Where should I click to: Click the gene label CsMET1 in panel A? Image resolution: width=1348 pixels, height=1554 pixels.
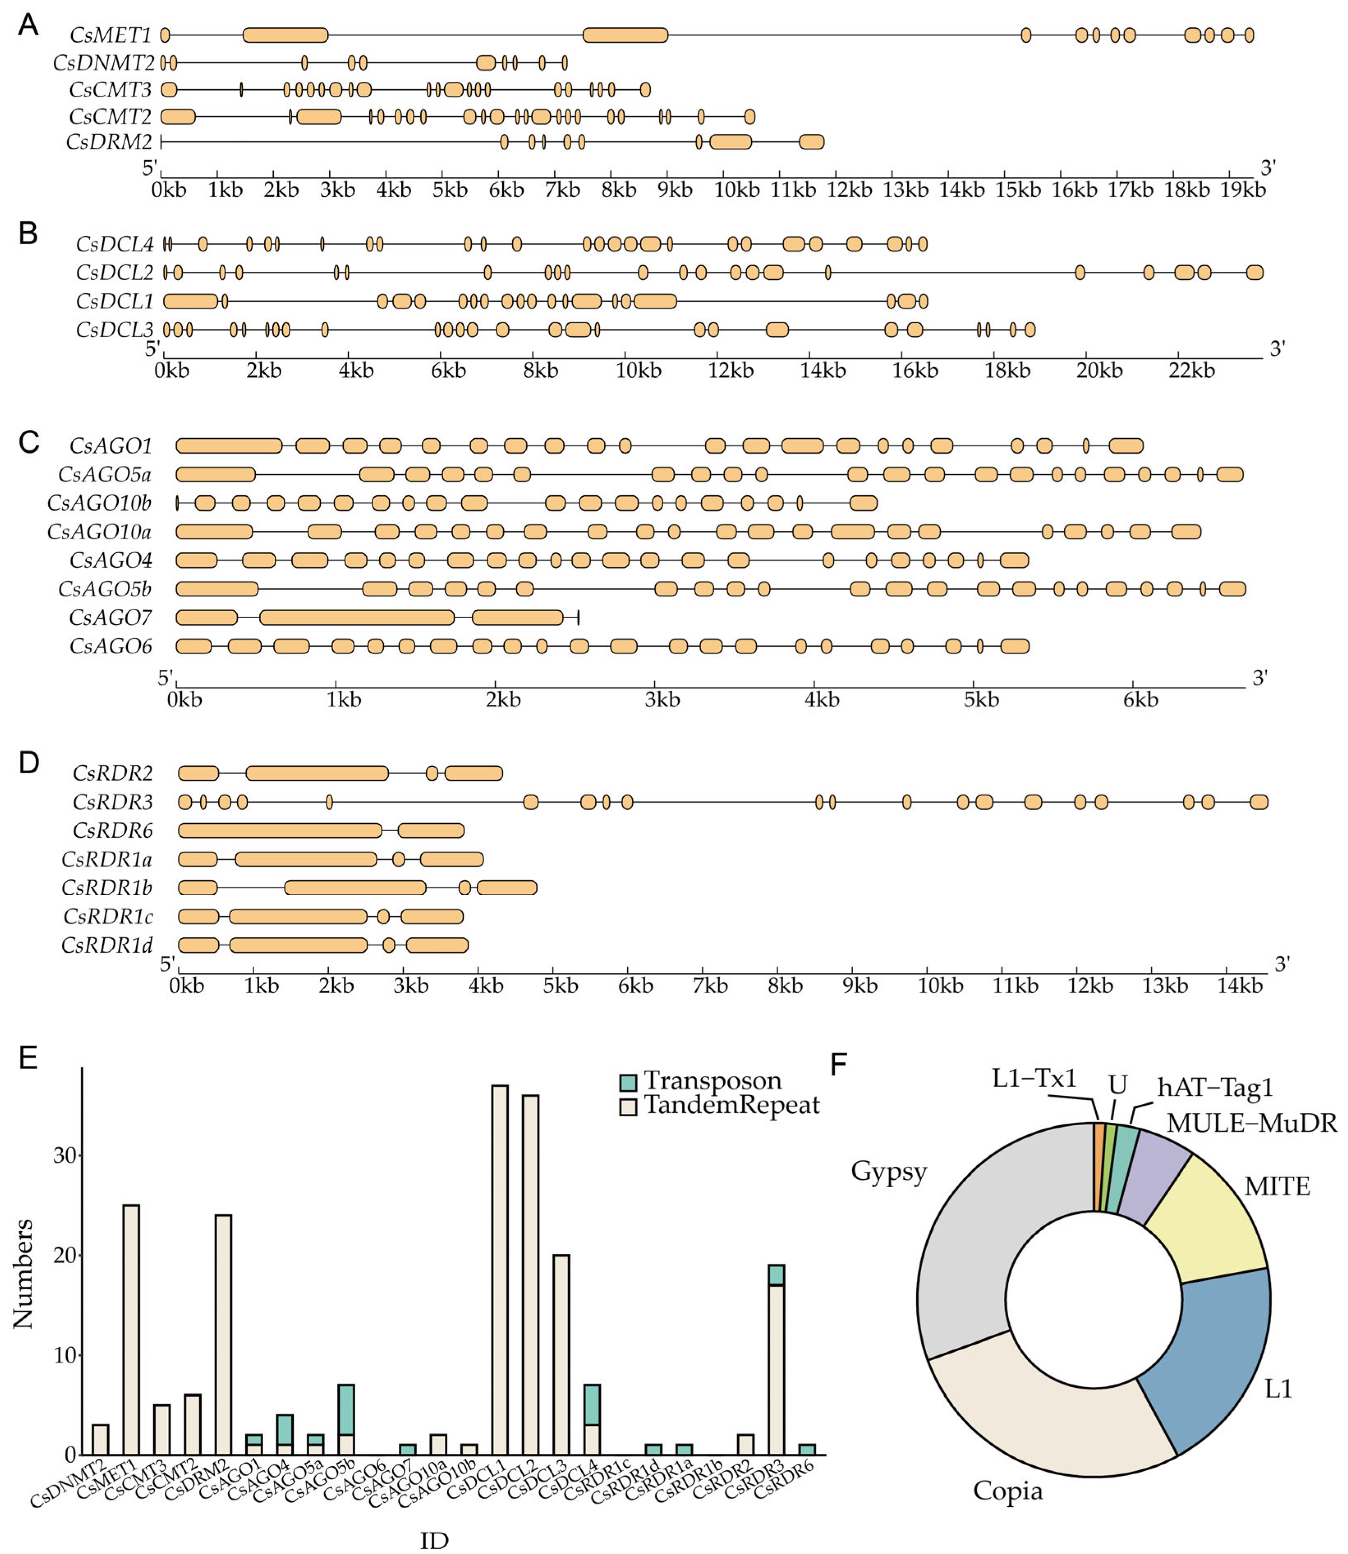tap(110, 34)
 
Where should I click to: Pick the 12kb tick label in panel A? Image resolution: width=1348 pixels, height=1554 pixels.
tap(849, 190)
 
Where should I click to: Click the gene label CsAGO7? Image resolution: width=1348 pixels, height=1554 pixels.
tap(110, 618)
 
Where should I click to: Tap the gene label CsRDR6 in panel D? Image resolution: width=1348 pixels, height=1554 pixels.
tap(113, 830)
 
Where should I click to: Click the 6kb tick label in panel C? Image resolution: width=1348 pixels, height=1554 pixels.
tap(1141, 700)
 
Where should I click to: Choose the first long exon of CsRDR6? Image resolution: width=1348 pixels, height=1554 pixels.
tap(280, 830)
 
